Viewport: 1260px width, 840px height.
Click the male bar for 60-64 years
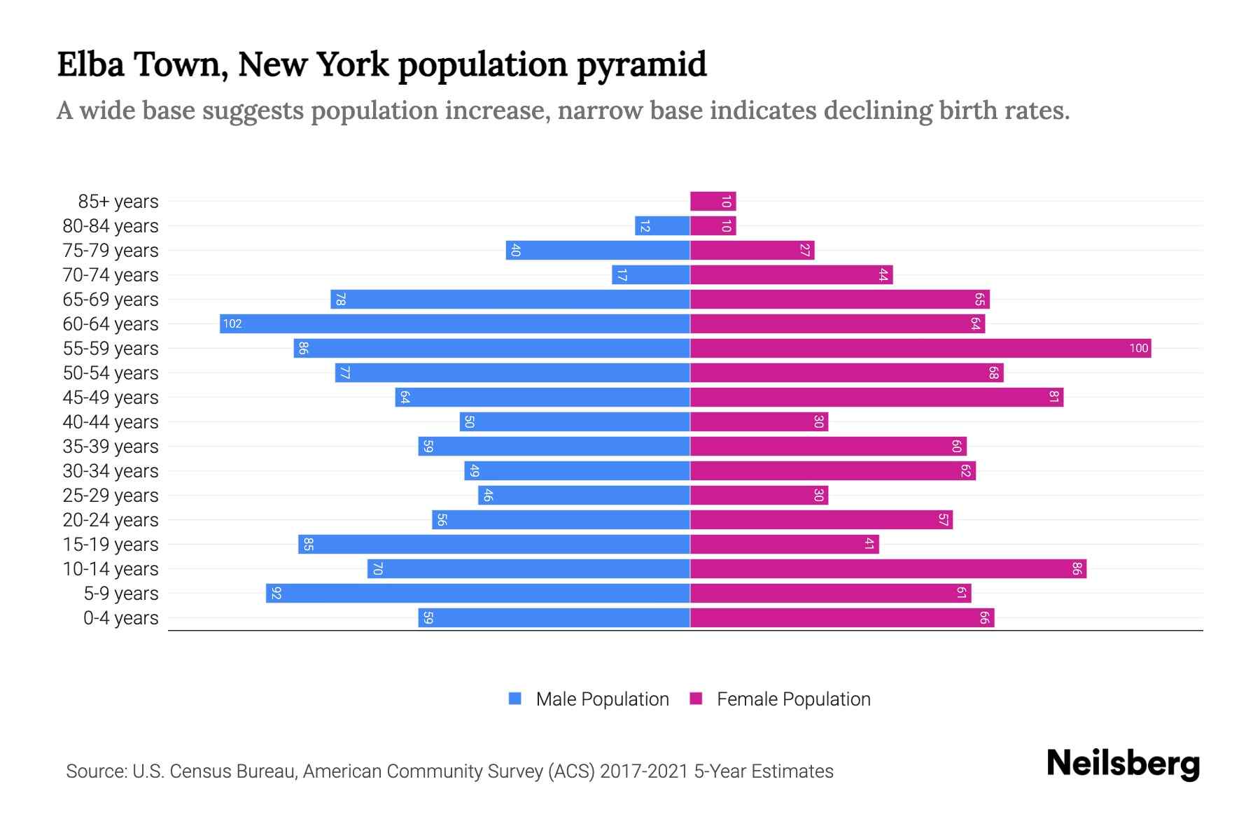pos(455,323)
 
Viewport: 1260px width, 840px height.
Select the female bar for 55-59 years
pos(920,348)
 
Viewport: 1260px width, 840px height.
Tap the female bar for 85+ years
pos(713,201)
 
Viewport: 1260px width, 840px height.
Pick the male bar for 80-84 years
pos(662,225)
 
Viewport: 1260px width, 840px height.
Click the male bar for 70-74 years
pos(651,274)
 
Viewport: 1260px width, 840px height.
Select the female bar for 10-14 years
pos(888,568)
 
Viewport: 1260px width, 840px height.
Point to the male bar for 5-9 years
pos(478,593)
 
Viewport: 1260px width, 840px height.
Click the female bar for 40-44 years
pos(759,421)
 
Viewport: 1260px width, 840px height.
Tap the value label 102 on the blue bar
pos(232,323)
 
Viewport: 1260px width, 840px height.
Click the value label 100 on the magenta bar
pos(1138,348)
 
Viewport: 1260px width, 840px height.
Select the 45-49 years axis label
pos(111,397)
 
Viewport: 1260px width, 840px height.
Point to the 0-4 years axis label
pos(120,617)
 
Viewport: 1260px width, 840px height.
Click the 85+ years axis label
pos(118,201)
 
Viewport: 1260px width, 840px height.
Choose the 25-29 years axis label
pos(111,495)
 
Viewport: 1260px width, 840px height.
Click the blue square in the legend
pos(515,699)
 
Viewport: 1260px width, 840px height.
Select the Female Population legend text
pos(793,699)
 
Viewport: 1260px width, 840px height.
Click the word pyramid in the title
pos(642,64)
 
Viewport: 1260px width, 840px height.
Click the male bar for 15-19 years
pos(494,544)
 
